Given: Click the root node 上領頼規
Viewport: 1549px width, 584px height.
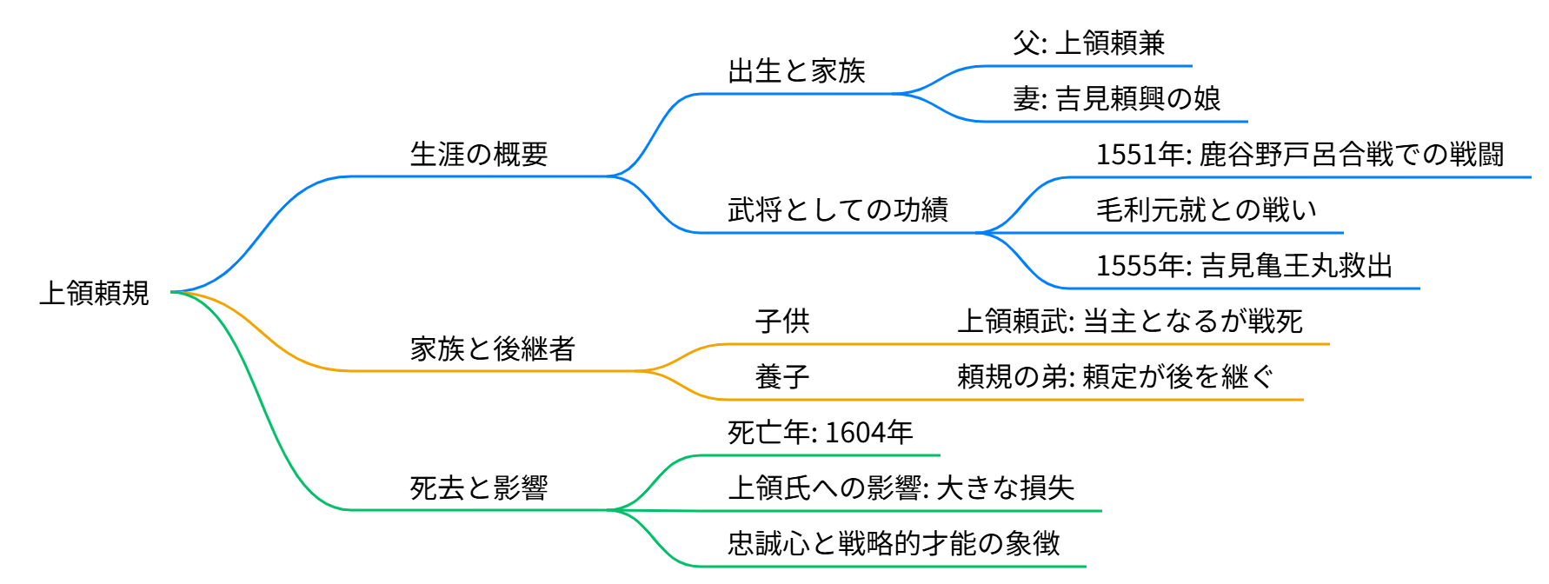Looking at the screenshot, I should click(x=95, y=293).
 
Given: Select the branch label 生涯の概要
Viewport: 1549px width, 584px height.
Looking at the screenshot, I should click(x=479, y=155).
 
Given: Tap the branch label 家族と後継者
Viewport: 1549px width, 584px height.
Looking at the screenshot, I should click(x=493, y=349).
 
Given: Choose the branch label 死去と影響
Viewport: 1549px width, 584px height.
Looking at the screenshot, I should click(x=479, y=488).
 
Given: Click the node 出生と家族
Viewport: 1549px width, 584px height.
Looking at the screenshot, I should click(x=796, y=71).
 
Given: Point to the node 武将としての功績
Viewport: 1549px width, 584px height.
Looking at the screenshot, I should click(x=837, y=210).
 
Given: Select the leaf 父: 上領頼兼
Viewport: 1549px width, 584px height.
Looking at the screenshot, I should click(x=1088, y=43).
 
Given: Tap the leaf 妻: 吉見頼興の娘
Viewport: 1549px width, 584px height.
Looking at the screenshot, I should click(x=1116, y=99).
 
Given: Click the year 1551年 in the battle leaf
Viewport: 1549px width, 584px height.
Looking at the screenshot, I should click(x=1140, y=155).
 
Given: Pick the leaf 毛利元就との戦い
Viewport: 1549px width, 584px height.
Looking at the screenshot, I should click(x=1206, y=210).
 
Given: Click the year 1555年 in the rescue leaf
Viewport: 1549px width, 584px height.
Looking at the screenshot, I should click(x=1140, y=266).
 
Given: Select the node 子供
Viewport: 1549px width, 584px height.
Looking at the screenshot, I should click(x=782, y=322).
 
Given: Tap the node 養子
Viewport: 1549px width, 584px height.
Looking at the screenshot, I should click(x=782, y=377).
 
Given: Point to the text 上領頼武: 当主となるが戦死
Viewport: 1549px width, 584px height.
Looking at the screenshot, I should click(x=1129, y=322).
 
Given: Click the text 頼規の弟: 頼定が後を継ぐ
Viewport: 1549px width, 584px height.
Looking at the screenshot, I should click(x=1115, y=377).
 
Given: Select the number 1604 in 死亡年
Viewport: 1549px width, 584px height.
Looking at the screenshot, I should click(x=853, y=433).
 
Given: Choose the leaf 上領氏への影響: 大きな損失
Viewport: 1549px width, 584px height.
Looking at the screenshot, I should click(x=901, y=488).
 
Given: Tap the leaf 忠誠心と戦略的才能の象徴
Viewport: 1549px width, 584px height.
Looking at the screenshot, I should click(x=894, y=544).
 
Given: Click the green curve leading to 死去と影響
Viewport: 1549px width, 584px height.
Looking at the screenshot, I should click(x=261, y=417).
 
